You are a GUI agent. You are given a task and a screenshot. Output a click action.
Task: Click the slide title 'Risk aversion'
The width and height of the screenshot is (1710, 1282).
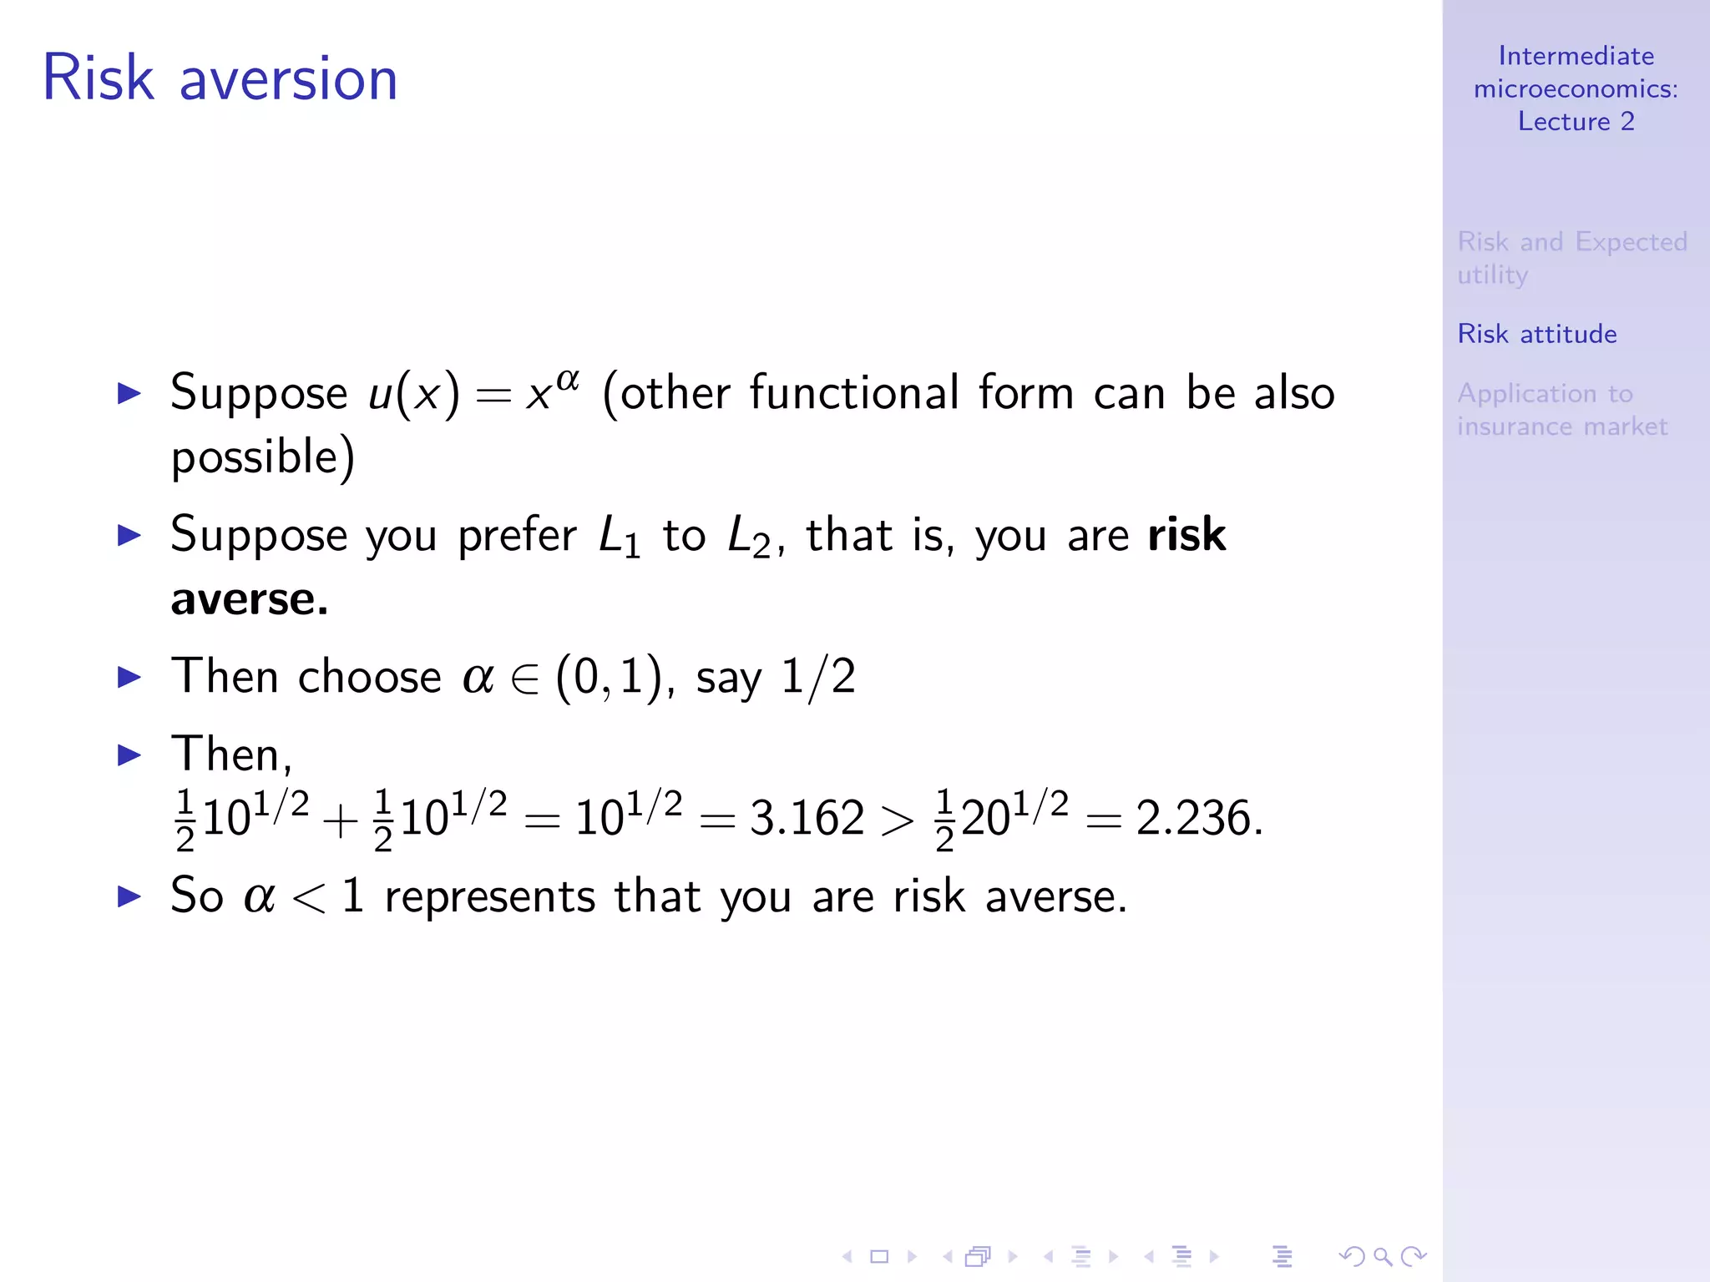[220, 78]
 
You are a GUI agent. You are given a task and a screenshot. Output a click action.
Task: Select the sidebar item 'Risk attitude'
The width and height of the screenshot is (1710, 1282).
[1536, 334]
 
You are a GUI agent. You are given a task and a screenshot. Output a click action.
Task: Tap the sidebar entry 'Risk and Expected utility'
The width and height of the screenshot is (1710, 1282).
[1571, 258]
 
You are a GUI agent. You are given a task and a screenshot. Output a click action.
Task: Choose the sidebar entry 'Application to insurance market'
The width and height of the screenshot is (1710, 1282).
[1561, 410]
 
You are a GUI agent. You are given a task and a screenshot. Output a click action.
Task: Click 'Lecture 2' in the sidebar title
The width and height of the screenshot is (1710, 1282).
[1576, 122]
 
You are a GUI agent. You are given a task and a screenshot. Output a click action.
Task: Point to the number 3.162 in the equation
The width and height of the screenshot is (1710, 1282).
[807, 818]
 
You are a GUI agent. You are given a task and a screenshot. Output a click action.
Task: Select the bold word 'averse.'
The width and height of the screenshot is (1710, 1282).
[249, 599]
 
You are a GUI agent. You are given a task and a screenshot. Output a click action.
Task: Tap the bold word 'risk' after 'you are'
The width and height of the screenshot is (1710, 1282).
[1186, 535]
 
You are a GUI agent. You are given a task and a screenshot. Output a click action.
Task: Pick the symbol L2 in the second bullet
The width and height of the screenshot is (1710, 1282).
[748, 537]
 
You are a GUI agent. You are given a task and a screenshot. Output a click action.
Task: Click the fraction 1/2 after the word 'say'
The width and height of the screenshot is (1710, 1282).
[818, 677]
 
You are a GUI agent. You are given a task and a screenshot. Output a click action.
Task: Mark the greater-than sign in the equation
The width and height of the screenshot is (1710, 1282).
[898, 821]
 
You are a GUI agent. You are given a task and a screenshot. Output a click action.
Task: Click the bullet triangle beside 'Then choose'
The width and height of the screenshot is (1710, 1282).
[129, 677]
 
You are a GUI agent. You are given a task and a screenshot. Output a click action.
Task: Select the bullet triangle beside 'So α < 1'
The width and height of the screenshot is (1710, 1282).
[129, 897]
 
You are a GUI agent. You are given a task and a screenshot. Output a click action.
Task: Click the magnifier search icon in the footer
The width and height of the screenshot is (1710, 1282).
[1383, 1256]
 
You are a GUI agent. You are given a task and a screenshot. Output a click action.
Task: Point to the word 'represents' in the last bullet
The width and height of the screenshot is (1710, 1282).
[489, 897]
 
